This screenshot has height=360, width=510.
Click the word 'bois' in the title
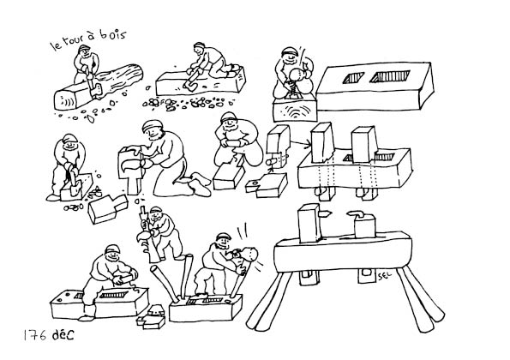coord(112,34)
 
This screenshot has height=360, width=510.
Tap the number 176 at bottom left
coord(35,335)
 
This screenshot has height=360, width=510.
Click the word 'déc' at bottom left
coord(63,334)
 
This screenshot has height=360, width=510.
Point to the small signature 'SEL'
coord(385,276)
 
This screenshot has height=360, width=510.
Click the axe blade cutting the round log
coord(96,89)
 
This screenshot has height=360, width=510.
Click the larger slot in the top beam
coord(390,76)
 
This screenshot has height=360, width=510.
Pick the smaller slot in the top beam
coord(353,77)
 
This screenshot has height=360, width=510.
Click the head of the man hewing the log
coord(84,50)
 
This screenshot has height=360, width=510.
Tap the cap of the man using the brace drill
coord(290,51)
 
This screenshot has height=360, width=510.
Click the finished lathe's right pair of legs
coord(421,298)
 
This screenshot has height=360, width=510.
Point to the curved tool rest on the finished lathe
coord(358,214)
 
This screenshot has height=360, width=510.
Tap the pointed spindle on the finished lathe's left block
coord(326,213)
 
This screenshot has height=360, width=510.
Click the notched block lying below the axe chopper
coord(108,208)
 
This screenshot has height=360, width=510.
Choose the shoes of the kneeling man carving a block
coord(199,183)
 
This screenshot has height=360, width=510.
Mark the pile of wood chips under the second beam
coord(189,103)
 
